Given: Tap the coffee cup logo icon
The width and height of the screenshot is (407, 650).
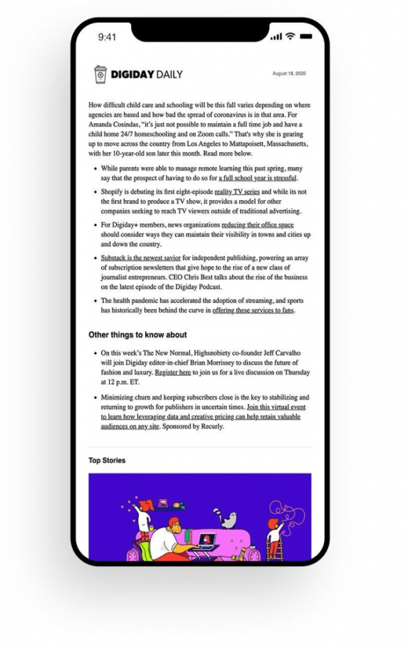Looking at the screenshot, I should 101,74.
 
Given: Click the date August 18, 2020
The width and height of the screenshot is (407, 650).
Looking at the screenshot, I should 289,74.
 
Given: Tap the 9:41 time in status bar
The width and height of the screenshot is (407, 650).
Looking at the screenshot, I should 107,37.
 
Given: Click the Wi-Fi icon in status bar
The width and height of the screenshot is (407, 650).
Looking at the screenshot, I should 290,36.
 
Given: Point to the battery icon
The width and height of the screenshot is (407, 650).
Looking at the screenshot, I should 306,36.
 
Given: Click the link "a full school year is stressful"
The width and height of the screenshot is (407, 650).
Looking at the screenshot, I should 257,178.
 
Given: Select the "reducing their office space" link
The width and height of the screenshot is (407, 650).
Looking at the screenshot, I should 257,225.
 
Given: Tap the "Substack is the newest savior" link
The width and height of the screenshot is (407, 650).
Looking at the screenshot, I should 141,258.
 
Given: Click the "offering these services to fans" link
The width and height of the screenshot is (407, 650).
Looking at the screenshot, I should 253,310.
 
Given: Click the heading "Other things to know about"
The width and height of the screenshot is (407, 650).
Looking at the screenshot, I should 138,335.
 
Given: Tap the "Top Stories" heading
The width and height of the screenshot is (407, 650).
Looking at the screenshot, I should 107,460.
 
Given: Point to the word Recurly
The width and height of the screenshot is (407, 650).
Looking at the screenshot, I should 210,427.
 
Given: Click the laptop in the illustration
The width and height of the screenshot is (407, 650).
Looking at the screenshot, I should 207,541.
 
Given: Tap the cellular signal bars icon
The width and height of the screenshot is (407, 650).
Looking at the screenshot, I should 276,37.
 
